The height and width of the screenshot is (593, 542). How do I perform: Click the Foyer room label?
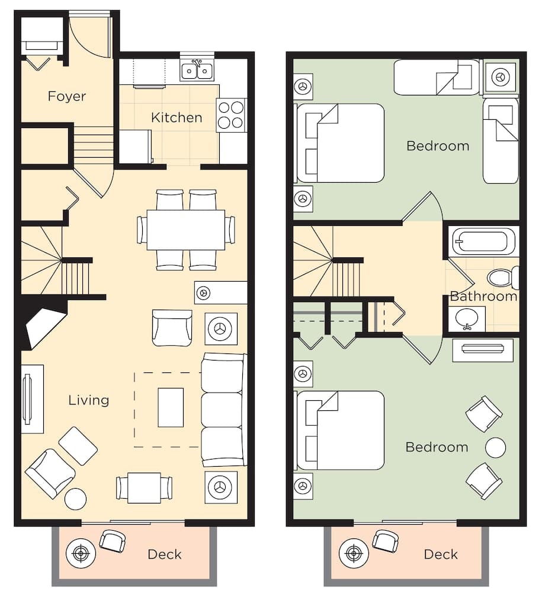click(x=66, y=96)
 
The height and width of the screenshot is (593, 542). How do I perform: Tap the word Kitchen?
click(x=177, y=117)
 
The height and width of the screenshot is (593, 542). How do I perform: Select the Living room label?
click(x=88, y=400)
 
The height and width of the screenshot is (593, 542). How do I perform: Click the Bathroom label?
click(x=483, y=296)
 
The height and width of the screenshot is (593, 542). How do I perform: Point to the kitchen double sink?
click(x=197, y=71)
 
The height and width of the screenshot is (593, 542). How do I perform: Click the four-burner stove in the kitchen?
click(x=231, y=115)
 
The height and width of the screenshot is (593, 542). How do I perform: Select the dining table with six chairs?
click(x=186, y=229)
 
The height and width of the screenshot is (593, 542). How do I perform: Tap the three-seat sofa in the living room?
click(x=223, y=410)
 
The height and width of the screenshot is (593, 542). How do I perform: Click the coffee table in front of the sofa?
click(x=171, y=407)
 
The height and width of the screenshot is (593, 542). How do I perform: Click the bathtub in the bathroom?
click(x=480, y=242)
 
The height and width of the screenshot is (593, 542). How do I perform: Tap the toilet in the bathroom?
click(x=502, y=278)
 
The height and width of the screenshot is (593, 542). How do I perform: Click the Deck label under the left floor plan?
click(x=164, y=554)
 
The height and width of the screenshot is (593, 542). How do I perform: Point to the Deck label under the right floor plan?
click(x=441, y=554)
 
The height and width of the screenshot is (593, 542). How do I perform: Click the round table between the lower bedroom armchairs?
click(x=495, y=448)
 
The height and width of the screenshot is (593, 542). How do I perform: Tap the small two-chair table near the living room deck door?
click(x=145, y=487)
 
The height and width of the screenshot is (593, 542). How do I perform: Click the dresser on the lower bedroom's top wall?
click(x=483, y=349)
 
